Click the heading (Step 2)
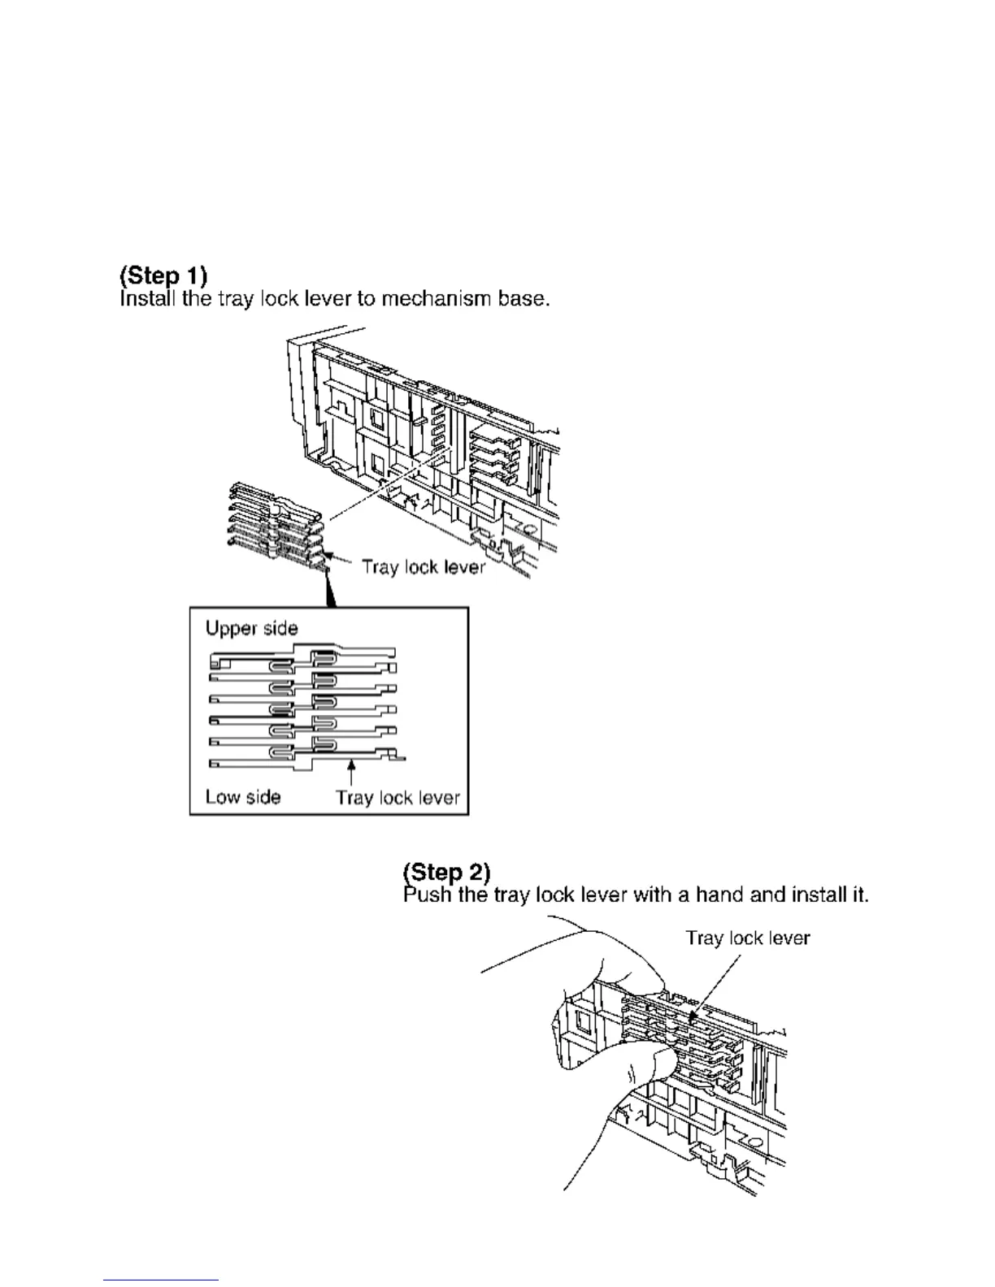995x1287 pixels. tap(446, 873)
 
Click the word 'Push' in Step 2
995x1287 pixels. tap(427, 895)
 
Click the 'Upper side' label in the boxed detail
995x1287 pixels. tap(251, 628)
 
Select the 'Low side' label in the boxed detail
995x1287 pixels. tap(242, 797)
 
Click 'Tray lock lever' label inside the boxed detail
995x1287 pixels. tap(398, 798)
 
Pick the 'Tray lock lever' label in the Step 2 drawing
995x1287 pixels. tap(747, 938)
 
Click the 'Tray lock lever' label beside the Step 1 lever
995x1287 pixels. tap(423, 566)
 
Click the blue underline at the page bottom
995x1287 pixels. tap(161, 1280)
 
